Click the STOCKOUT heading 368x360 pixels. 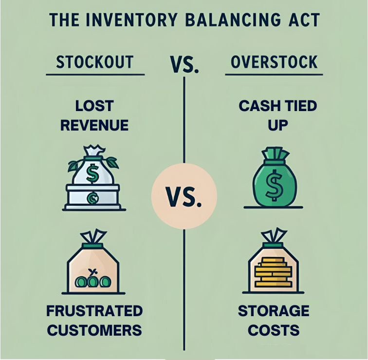tap(95, 62)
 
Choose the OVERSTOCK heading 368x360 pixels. tap(274, 62)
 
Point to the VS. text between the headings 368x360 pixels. tap(184, 63)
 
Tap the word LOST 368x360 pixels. tap(94, 106)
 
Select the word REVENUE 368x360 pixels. tap(94, 125)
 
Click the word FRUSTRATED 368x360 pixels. tap(94, 311)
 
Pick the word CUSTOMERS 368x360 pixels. tap(94, 330)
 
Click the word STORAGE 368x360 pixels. tap(274, 311)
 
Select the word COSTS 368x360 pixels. tap(274, 330)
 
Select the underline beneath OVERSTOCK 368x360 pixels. tap(274, 75)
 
